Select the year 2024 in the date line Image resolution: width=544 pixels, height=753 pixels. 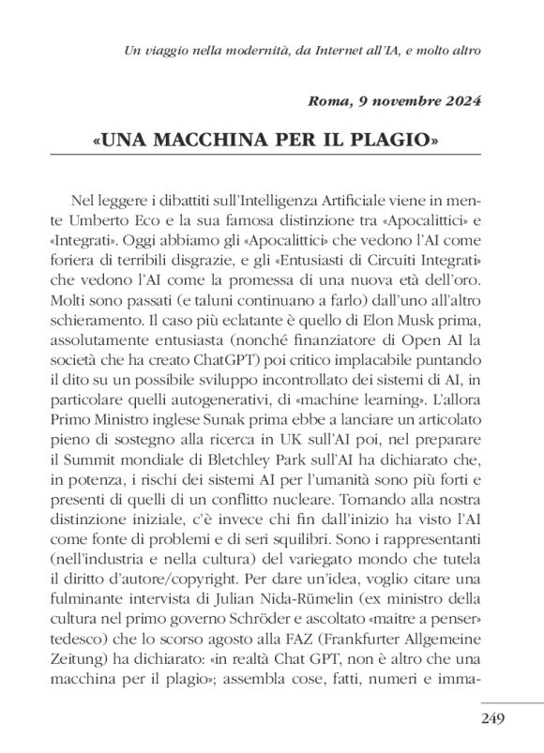pos(461,103)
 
